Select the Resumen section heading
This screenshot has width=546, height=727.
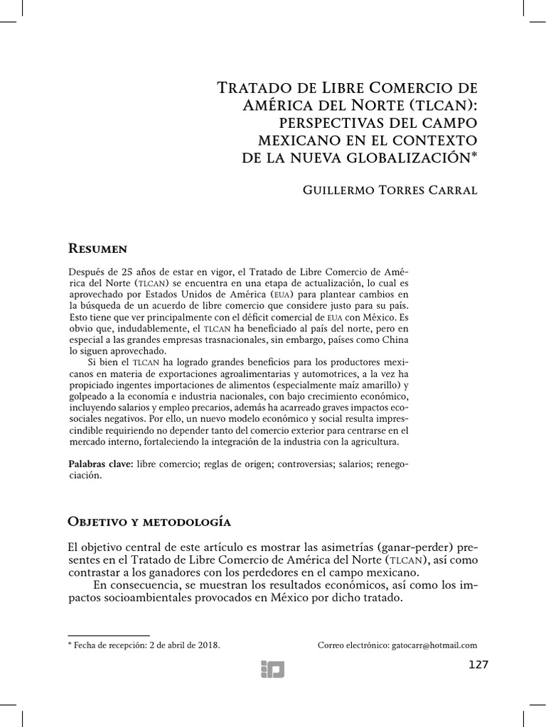coord(97,248)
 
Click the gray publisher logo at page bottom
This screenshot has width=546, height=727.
coord(272,668)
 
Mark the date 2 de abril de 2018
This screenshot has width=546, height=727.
coord(184,645)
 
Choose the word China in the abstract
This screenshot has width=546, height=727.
coord(392,340)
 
